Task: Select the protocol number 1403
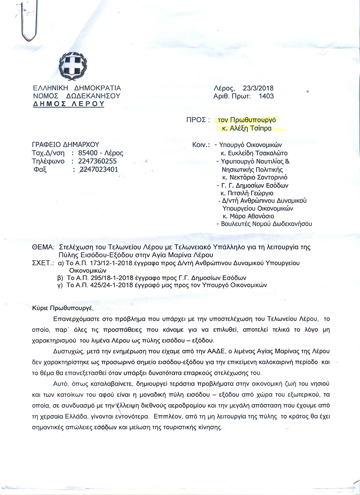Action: point(265,96)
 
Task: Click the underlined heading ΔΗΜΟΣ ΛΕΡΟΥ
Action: point(68,104)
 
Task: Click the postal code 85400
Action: point(83,153)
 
